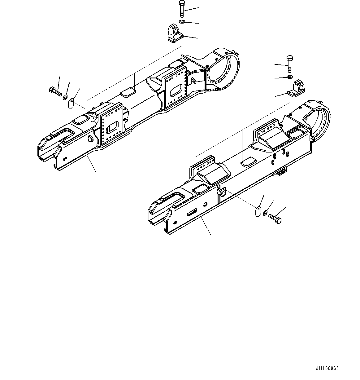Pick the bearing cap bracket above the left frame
pyautogui.click(x=174, y=34)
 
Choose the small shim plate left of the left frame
pyautogui.click(x=71, y=103)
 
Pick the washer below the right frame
pyautogui.click(x=266, y=213)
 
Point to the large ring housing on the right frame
pyautogui.click(x=316, y=121)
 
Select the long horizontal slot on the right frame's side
pyautogui.click(x=192, y=213)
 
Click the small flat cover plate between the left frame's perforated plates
pyautogui.click(x=128, y=92)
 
